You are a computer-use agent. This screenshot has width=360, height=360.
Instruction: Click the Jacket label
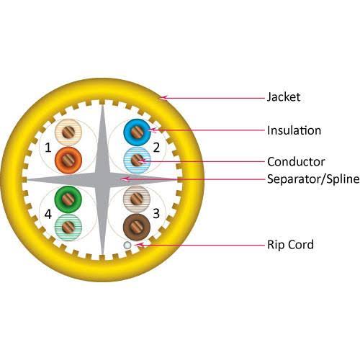pos(284,97)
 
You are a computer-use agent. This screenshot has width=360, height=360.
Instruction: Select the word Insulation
pos(294,130)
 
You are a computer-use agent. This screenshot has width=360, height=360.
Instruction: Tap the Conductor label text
pos(296,161)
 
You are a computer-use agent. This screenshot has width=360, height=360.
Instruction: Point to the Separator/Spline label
pos(313,179)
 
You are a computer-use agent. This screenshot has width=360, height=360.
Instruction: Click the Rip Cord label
pos(290,245)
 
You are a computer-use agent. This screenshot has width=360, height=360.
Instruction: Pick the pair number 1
pos(48,148)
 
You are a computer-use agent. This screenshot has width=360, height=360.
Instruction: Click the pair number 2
pos(156,148)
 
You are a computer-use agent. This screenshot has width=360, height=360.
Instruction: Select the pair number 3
pos(156,213)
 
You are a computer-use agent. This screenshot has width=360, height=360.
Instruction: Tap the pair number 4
pos(48,214)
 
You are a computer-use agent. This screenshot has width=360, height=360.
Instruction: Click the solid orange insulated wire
pos(68,160)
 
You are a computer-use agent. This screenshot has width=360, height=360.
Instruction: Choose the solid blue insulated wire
pos(137,132)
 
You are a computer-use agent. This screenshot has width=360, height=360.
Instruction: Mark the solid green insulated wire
pos(68,199)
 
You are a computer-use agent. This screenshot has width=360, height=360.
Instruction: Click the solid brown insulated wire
pos(137,227)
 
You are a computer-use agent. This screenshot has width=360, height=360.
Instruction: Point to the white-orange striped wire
pos(68,132)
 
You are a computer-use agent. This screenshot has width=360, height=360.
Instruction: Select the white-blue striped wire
pos(137,160)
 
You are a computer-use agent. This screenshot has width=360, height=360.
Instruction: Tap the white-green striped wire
pos(68,227)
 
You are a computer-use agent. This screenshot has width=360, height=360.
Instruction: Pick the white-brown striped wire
pos(137,199)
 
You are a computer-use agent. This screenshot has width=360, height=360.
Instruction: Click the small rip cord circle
pos(127,245)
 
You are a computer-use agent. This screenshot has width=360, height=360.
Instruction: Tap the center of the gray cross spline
pos(102,179)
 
